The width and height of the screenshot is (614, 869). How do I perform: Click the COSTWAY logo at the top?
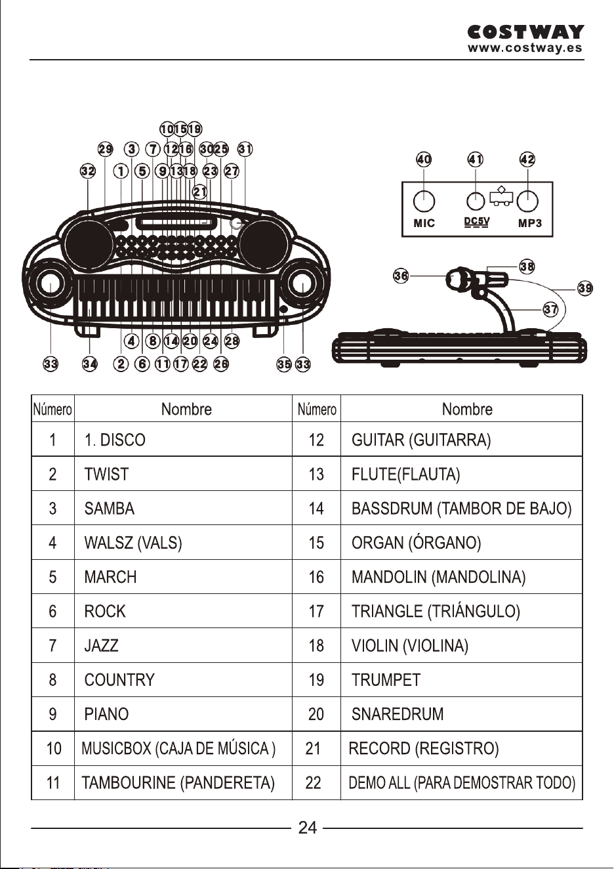[x=525, y=32]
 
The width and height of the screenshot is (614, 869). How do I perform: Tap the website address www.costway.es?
[x=525, y=48]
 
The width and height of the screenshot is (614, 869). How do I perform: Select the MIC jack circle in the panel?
[x=424, y=201]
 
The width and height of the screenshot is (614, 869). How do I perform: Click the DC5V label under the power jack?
[x=477, y=222]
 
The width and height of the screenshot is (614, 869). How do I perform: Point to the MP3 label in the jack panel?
[x=530, y=223]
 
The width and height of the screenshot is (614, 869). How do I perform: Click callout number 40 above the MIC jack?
[x=424, y=159]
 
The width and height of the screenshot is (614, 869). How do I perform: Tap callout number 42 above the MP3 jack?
[x=527, y=159]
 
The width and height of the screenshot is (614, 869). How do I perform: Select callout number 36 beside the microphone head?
[x=401, y=276]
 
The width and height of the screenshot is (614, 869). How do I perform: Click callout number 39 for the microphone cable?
[x=585, y=288]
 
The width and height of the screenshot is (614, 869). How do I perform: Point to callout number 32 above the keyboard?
[x=88, y=171]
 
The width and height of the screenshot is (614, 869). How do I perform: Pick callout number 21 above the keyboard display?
[x=200, y=192]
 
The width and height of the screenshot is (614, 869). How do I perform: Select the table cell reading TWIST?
[x=106, y=474]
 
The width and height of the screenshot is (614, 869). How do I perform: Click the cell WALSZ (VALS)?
[x=133, y=542]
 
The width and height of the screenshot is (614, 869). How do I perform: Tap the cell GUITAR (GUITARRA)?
[x=421, y=440]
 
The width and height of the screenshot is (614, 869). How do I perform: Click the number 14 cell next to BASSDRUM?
[x=316, y=508]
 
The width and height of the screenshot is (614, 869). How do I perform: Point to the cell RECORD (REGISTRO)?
[x=424, y=748]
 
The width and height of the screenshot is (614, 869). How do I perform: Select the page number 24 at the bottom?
[x=308, y=828]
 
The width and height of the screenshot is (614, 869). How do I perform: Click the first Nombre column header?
[x=186, y=409]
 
